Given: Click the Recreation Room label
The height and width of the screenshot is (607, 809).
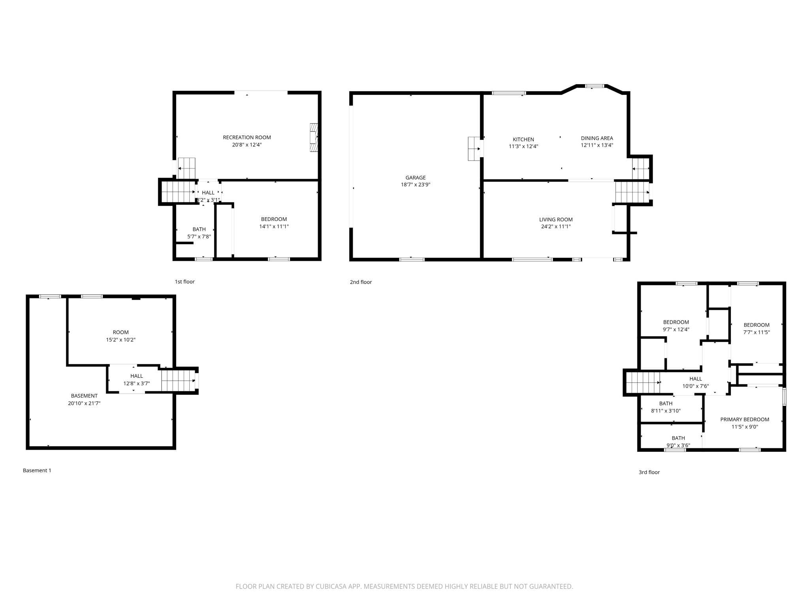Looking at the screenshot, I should (246, 138).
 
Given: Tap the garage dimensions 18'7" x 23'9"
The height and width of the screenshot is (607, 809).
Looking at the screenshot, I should (415, 185).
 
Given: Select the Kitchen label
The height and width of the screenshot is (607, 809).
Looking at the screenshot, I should (523, 139).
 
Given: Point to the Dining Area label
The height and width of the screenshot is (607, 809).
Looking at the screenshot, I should (596, 138).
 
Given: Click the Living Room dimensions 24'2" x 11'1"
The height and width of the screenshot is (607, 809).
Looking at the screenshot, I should (555, 227).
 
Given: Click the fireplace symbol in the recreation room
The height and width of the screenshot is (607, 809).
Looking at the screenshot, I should (314, 138).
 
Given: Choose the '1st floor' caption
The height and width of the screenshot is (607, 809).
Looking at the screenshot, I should (184, 282).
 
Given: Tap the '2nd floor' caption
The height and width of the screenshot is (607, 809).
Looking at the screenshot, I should (361, 282).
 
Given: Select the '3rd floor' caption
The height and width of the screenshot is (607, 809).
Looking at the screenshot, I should (649, 472).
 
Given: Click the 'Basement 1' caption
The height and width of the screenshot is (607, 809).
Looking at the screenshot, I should (37, 471).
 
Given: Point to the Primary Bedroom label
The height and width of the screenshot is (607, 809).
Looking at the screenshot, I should (744, 420).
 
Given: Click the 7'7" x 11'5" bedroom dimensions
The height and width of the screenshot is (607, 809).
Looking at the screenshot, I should (756, 332).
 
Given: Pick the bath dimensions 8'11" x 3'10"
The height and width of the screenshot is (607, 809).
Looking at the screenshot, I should (666, 411).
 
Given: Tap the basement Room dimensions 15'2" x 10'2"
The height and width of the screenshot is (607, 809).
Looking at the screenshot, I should (120, 340).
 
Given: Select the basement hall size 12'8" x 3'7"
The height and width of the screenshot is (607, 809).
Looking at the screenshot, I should (136, 383).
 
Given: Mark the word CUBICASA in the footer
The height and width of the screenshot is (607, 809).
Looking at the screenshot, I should (331, 586).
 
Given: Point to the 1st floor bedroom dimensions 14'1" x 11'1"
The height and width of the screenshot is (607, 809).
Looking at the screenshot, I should (274, 227).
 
